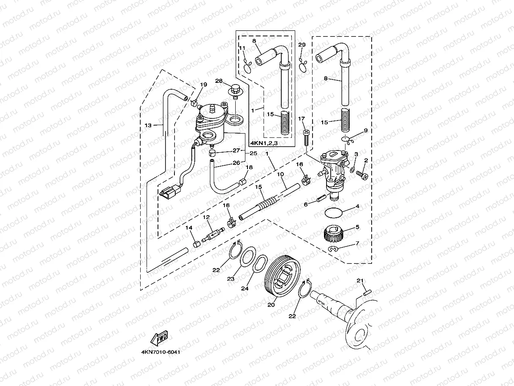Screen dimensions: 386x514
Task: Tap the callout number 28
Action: [219, 81]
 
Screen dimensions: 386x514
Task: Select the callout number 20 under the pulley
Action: [271, 304]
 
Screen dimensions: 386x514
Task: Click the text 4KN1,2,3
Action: [265, 142]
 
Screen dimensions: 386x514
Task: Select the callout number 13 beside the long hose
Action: [148, 125]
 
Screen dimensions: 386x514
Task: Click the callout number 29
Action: [302, 45]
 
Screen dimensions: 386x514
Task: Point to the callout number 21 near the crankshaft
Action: [360, 280]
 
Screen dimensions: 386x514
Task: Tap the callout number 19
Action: [204, 85]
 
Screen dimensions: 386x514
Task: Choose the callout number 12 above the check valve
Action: [206, 217]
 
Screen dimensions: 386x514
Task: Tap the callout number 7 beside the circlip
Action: [357, 244]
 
